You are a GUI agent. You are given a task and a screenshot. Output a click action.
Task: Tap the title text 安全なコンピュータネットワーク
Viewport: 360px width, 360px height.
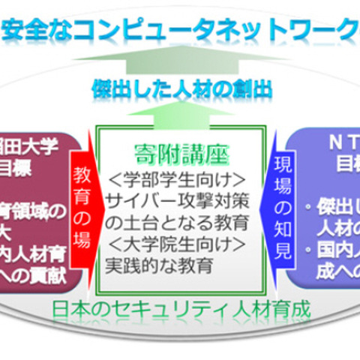click(180, 30)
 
